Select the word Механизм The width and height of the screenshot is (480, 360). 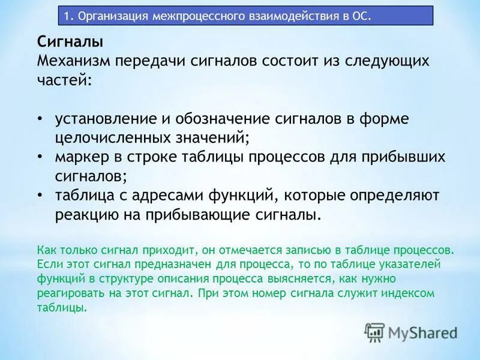click(x=73, y=61)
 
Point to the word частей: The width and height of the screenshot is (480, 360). click(x=65, y=79)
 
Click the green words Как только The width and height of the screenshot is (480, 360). click(x=64, y=249)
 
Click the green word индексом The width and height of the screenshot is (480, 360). click(x=409, y=294)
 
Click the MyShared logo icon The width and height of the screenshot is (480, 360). click(x=374, y=332)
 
